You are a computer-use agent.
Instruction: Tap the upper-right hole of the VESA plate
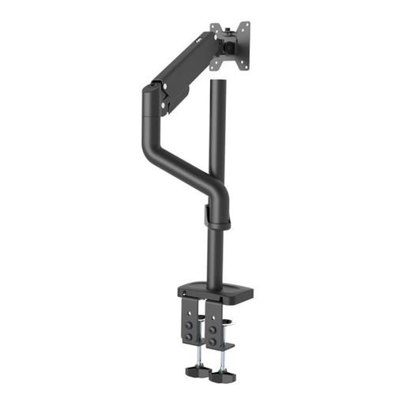[x=245, y=25]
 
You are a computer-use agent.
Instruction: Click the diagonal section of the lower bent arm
[x=182, y=162]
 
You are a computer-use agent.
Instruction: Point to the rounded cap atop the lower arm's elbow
[x=150, y=91]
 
